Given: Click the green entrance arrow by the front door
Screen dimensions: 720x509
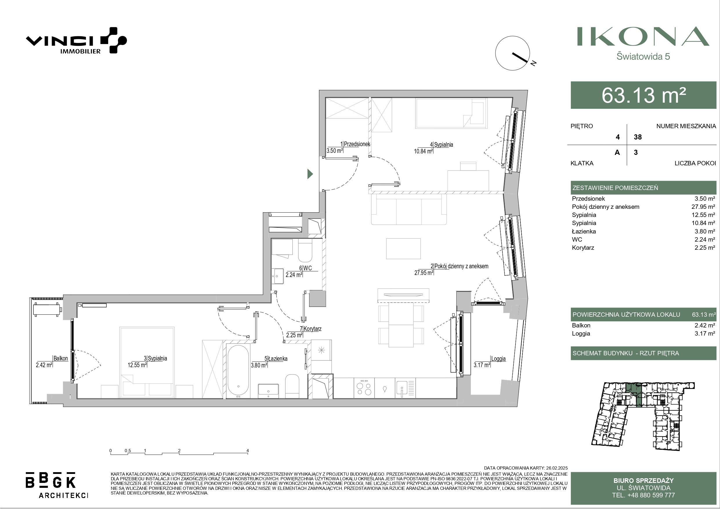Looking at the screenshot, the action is (x=310, y=174).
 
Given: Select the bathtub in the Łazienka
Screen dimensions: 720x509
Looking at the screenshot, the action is (x=238, y=371).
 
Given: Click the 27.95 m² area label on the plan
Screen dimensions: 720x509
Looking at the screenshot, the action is (x=424, y=273).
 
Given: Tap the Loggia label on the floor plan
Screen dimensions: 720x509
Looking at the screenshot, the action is (x=498, y=358).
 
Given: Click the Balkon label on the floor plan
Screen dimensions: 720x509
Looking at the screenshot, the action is (x=61, y=358).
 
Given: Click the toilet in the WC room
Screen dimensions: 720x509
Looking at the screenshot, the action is (x=305, y=251).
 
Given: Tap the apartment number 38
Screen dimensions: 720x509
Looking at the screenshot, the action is (x=638, y=137).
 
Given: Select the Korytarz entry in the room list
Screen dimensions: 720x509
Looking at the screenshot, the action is (x=583, y=248).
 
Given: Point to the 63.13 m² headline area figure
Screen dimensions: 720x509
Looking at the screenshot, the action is (x=643, y=95).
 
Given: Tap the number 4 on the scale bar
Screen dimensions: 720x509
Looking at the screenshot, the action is (x=248, y=451).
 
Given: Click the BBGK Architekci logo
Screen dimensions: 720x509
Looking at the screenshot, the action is (x=57, y=485).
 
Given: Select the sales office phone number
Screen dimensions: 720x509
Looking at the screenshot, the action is (x=643, y=495).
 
